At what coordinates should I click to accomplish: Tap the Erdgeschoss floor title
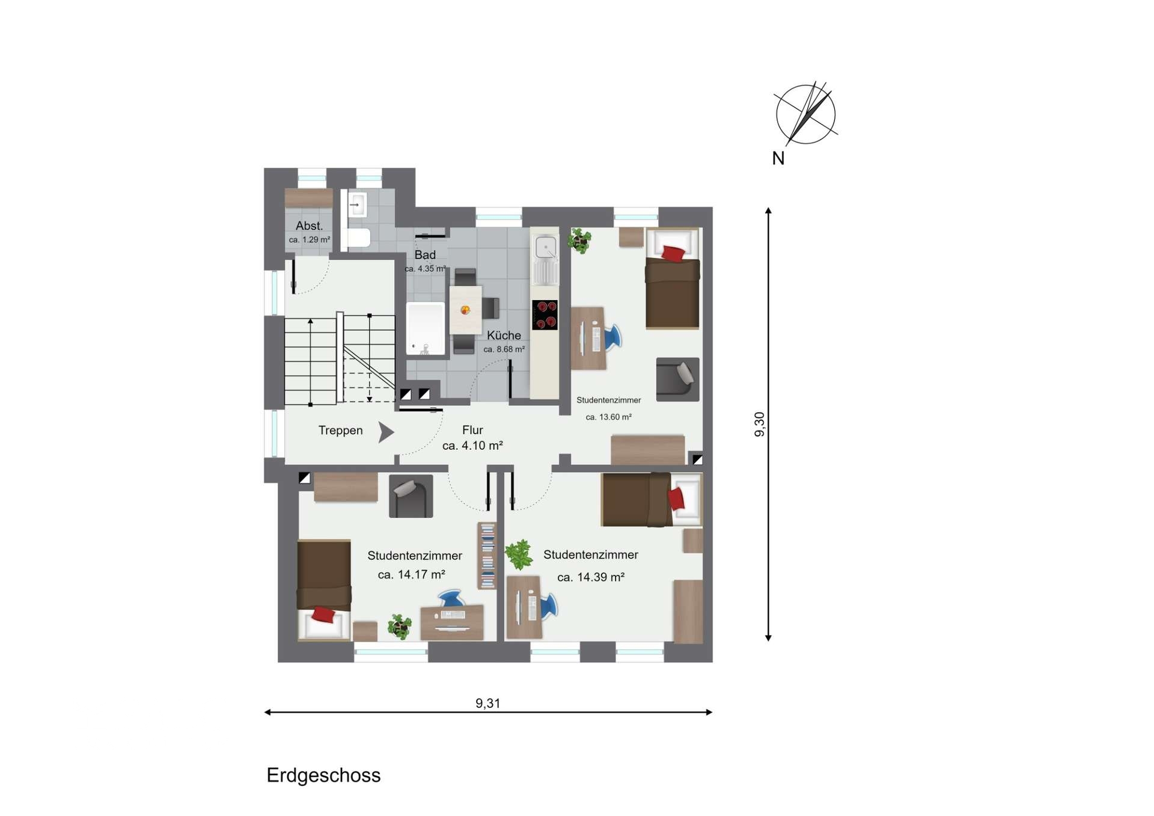click(323, 776)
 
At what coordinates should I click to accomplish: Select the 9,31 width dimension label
click(488, 703)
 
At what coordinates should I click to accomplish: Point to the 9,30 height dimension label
click(760, 425)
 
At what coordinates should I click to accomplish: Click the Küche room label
click(504, 336)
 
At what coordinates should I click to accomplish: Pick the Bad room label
click(425, 255)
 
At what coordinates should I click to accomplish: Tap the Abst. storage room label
click(310, 226)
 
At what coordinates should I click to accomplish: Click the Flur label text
click(472, 430)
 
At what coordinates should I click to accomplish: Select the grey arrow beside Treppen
click(386, 432)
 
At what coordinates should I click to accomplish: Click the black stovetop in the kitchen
click(545, 315)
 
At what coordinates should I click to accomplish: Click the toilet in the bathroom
click(359, 238)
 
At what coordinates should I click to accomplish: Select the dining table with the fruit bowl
click(465, 310)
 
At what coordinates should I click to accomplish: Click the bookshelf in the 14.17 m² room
click(487, 556)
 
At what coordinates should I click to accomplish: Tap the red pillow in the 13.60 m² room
click(673, 254)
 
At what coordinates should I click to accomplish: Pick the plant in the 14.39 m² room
click(519, 554)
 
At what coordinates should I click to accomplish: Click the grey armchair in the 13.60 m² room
click(678, 379)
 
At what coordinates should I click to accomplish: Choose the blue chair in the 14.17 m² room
click(451, 598)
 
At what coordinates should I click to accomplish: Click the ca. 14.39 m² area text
click(591, 577)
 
